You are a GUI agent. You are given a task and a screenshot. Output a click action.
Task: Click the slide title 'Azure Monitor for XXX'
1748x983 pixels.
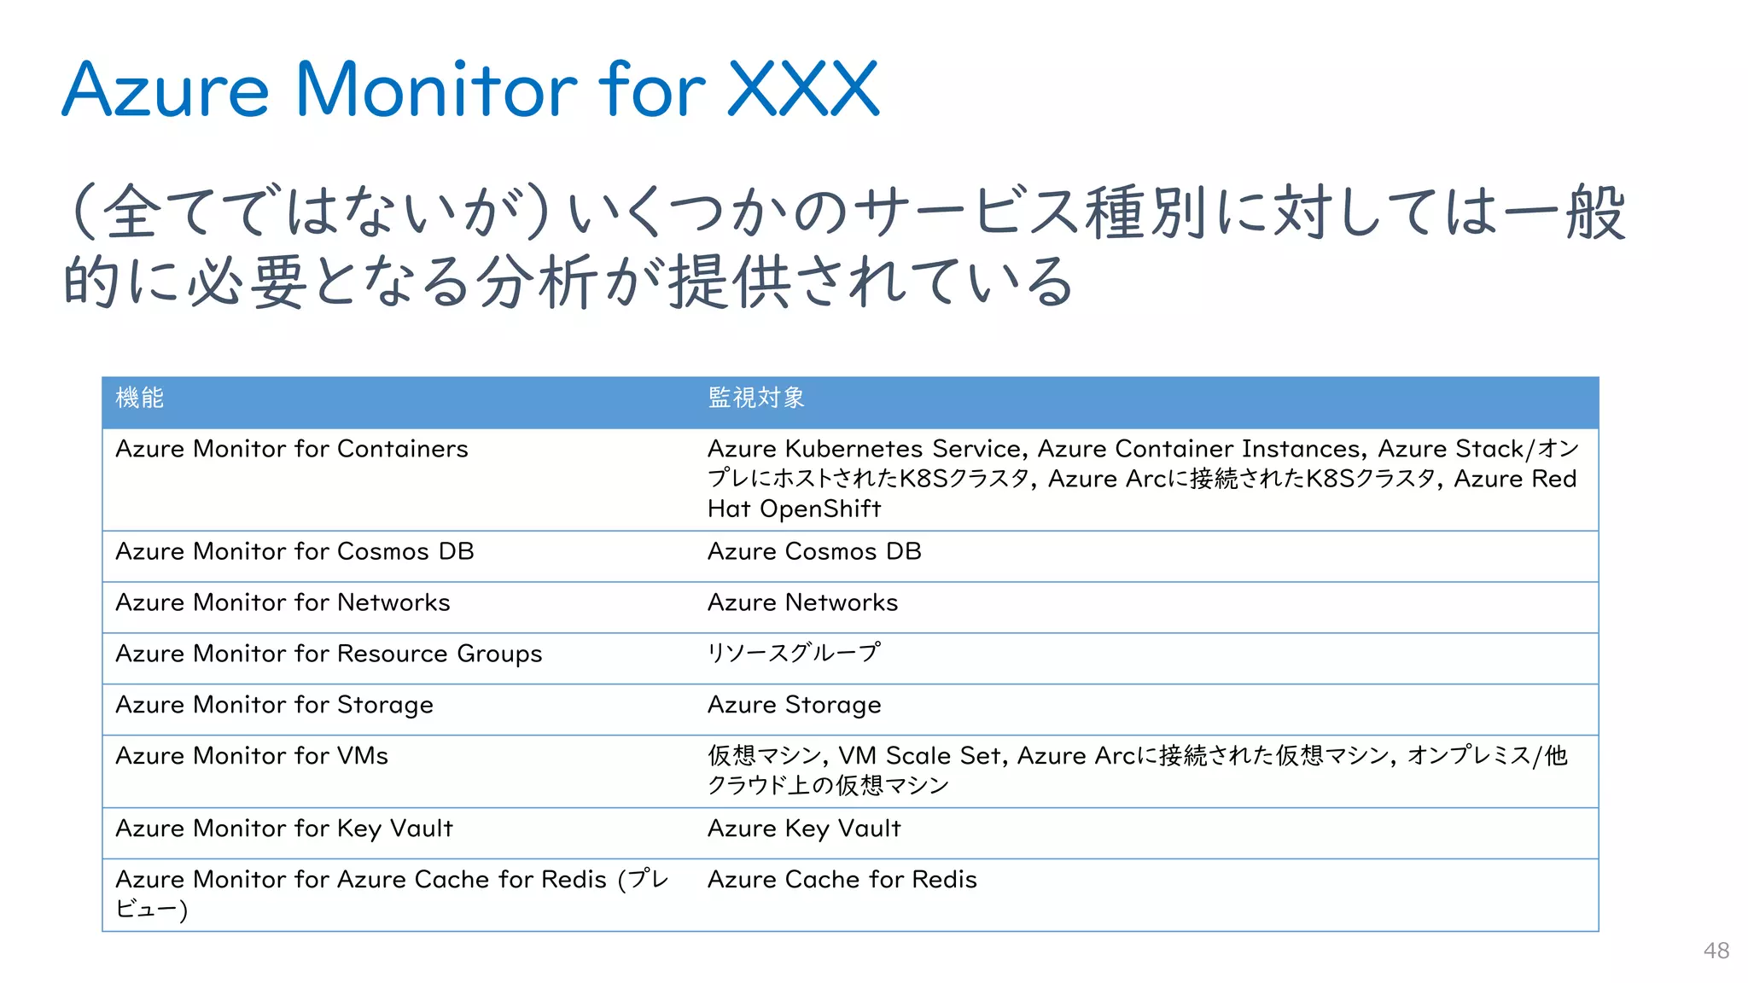pos(469,89)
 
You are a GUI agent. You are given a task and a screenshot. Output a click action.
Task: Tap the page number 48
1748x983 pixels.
pos(1716,951)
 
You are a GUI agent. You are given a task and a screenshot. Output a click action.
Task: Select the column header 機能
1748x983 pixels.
pos(140,398)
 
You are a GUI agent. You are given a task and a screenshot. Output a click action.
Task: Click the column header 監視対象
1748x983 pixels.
pos(756,398)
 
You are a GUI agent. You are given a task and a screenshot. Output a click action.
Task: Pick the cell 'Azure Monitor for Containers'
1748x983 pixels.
pos(292,449)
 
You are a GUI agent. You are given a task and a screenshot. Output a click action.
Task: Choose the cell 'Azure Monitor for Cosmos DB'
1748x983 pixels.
pos(294,551)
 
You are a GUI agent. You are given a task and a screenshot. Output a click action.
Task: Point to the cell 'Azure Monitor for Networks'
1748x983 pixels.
pos(283,602)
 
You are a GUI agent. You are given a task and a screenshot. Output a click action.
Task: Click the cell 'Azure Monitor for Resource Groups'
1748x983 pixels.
pos(329,654)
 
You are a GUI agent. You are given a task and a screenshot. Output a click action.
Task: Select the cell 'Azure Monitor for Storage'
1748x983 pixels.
pos(274,705)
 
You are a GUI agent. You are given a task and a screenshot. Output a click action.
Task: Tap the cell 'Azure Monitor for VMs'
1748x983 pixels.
pos(252,756)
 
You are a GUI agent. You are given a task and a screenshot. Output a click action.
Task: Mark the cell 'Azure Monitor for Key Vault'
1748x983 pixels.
pos(284,829)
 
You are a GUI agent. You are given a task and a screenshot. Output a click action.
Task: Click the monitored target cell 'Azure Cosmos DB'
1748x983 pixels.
pos(814,551)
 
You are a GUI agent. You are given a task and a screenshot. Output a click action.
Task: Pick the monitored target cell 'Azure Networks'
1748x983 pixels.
pos(802,602)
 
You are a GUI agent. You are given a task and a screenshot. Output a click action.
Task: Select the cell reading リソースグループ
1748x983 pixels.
pos(794,653)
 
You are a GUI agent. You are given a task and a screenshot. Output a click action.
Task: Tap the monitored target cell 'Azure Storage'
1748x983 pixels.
pos(794,705)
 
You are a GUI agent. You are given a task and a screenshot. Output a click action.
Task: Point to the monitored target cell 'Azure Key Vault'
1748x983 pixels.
pos(804,829)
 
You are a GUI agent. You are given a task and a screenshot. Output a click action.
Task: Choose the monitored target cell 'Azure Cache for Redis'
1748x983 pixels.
pos(842,880)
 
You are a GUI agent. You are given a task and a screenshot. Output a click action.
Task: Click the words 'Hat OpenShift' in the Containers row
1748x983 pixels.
pos(794,509)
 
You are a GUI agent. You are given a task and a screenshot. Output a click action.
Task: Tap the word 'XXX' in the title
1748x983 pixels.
pos(803,89)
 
